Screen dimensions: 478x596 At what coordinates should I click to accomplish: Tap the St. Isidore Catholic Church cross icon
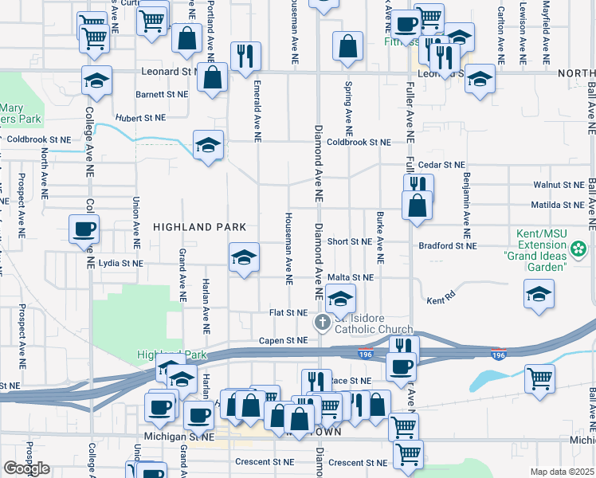coord(323,323)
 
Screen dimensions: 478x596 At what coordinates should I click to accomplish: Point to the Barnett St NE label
coord(162,94)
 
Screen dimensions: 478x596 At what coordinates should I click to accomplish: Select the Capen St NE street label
coord(283,340)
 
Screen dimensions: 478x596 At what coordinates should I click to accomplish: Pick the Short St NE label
coord(349,241)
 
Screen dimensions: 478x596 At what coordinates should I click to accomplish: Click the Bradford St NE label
coord(448,245)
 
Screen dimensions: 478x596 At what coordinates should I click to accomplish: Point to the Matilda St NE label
coord(558,205)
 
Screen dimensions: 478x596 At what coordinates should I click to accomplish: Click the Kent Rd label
coord(441,301)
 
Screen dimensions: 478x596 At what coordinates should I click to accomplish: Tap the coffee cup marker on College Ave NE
coord(84,230)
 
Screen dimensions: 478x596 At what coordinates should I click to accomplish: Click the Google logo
coord(26,468)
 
